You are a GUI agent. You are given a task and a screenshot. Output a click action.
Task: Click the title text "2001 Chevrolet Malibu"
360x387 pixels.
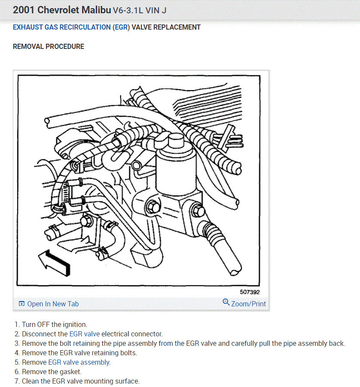point(62,10)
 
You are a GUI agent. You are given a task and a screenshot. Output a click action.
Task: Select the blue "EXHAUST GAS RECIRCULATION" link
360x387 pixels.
point(61,27)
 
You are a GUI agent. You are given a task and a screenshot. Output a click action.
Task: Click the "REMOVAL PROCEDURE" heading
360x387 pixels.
point(49,46)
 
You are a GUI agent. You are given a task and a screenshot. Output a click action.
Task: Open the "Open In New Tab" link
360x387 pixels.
point(53,304)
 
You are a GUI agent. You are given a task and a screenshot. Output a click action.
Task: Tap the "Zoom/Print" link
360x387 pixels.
point(248,304)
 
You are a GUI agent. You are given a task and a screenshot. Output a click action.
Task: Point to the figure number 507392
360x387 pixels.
point(250,292)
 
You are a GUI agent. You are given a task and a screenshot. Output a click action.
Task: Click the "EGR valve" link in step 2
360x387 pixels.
point(85,334)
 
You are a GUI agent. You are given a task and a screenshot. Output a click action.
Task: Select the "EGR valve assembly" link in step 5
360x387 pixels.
point(79,362)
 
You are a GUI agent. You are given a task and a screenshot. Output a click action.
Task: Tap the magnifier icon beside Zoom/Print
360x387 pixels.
point(226,302)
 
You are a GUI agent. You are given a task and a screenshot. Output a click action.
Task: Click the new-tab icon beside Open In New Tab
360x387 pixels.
point(21,304)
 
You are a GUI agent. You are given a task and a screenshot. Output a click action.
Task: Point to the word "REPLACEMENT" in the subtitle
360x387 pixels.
point(179,27)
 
